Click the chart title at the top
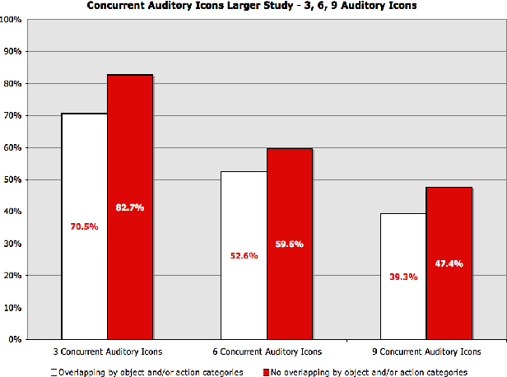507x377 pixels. [253, 7]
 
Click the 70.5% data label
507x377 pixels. [84, 226]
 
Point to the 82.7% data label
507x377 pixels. [130, 207]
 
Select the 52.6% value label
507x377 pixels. [244, 255]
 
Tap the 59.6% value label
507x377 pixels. [290, 244]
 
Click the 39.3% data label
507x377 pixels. [403, 277]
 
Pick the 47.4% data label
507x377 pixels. [449, 264]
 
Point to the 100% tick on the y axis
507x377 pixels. [12, 19]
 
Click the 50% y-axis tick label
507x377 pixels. [14, 179]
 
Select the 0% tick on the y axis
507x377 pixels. [16, 339]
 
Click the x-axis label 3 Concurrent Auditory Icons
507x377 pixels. [107, 351]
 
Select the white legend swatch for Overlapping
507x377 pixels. [53, 372]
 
